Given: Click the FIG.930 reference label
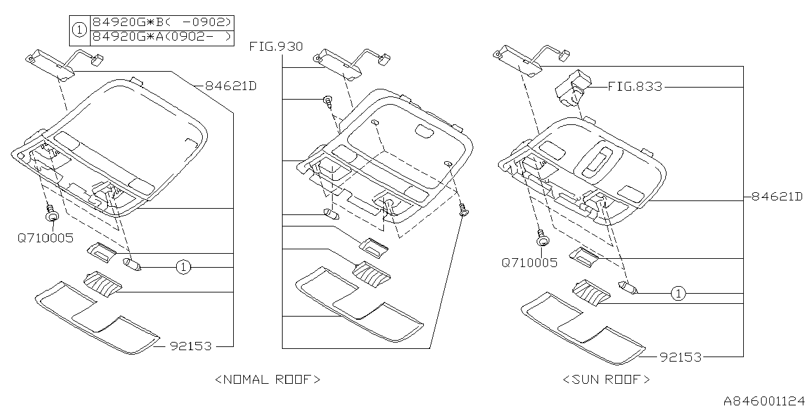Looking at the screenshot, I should click(276, 46).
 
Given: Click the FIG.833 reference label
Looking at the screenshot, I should click(634, 87).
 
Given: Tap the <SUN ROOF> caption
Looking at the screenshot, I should click(606, 379).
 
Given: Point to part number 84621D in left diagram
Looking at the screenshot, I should click(230, 86).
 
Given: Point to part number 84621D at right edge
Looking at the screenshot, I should click(777, 197).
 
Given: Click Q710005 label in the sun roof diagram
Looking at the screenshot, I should click(530, 262).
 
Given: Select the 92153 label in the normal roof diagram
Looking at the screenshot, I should click(191, 346).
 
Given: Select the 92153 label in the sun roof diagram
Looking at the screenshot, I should click(680, 357).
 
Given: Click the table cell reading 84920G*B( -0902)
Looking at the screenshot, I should click(162, 22).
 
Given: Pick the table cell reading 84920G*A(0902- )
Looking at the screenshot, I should click(162, 37).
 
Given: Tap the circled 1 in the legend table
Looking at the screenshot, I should click(79, 29).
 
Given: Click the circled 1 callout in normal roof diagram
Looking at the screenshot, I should click(183, 267).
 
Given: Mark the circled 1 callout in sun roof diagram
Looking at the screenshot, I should click(679, 293).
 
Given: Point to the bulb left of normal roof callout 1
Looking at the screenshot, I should click(134, 264).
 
